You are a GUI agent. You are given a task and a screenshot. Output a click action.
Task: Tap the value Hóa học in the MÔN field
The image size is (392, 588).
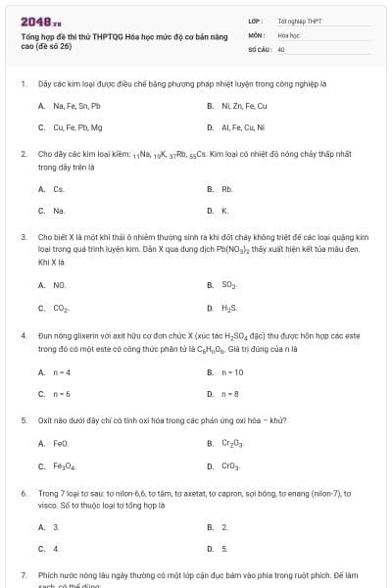288,34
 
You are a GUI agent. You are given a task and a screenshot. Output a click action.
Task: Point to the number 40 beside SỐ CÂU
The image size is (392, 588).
281,48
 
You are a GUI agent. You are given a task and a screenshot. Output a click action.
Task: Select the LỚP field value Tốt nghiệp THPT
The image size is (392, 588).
299,21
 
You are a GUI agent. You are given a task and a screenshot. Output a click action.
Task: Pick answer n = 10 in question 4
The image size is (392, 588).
232,372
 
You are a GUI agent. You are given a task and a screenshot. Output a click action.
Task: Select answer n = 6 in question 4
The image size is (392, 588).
61,394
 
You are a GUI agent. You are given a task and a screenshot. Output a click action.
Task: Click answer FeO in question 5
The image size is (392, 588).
61,443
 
